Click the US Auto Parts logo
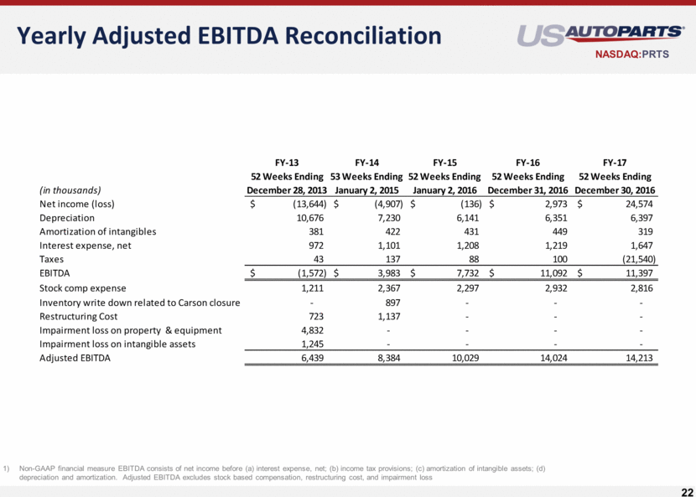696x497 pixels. [x=600, y=35]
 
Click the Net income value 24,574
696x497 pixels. [x=636, y=204]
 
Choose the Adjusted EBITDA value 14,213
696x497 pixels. [x=636, y=359]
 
